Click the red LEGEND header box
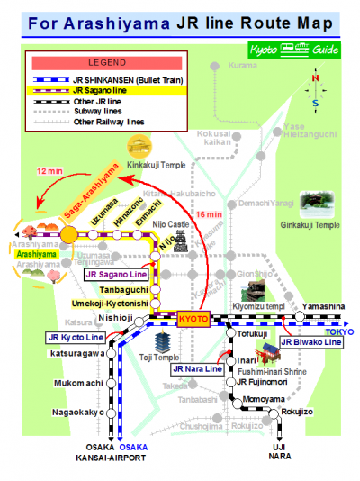[x=108, y=63]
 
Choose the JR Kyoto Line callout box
[x=76, y=337]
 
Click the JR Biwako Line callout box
[x=310, y=342]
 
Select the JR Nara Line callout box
[x=197, y=369]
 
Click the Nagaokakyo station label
[x=75, y=413]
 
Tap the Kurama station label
[x=242, y=66]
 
